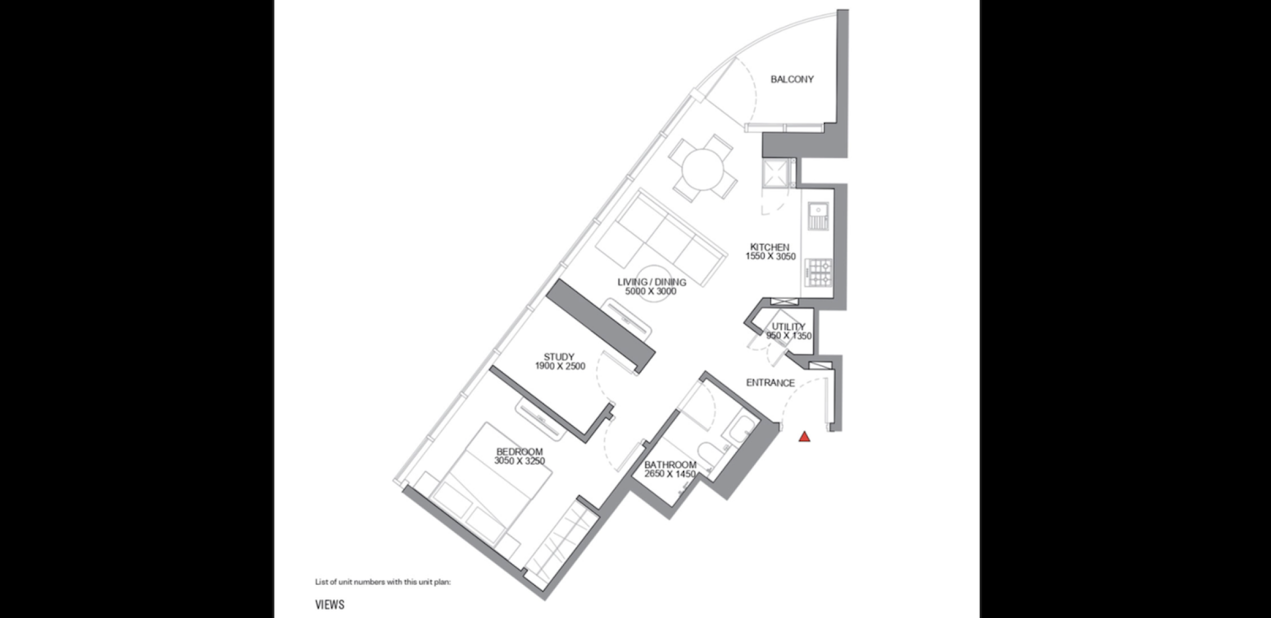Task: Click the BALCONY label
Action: point(792,80)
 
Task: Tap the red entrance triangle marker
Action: point(804,437)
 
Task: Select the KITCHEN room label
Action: point(769,247)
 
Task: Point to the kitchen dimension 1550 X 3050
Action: point(770,256)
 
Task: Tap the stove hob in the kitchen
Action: point(818,273)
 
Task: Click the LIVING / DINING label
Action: point(652,282)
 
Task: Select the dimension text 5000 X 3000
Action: point(651,291)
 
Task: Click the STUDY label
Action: point(559,357)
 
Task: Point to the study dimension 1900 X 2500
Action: point(560,366)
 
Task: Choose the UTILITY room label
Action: point(788,327)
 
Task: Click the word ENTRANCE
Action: point(770,383)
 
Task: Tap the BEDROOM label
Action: point(519,452)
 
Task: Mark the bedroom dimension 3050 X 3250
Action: point(519,461)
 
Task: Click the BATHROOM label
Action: point(670,465)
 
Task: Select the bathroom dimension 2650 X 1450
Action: point(670,474)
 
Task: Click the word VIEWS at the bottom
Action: point(330,605)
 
